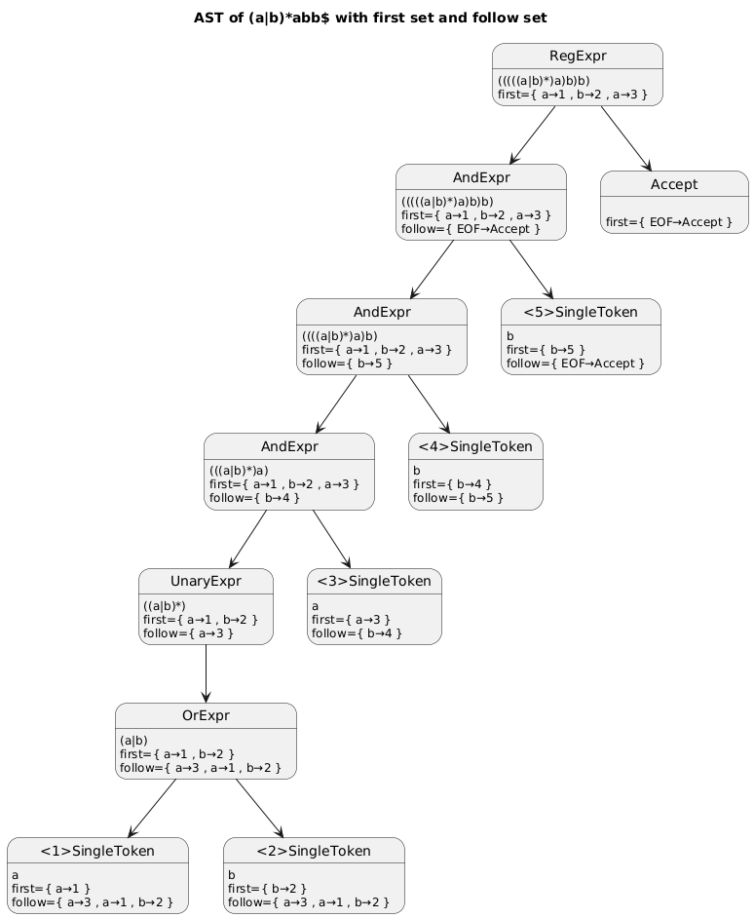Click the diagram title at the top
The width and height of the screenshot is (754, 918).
pyautogui.click(x=370, y=19)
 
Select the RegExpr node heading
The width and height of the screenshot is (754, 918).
pyautogui.click(x=578, y=57)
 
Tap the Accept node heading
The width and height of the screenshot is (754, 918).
pyautogui.click(x=674, y=184)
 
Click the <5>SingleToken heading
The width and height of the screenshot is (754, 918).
pyautogui.click(x=581, y=312)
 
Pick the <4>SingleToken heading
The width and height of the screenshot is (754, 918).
pyautogui.click(x=475, y=446)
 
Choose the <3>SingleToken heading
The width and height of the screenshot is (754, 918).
pyautogui.click(x=374, y=582)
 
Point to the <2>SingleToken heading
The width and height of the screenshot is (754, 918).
pyautogui.click(x=314, y=851)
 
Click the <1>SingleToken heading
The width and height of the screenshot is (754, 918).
pyautogui.click(x=97, y=851)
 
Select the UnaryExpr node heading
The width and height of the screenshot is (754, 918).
pyautogui.click(x=206, y=582)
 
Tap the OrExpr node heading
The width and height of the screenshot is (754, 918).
pyautogui.click(x=206, y=715)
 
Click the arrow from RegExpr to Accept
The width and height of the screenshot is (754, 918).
pyautogui.click(x=625, y=138)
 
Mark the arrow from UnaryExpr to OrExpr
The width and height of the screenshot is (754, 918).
pyautogui.click(x=207, y=673)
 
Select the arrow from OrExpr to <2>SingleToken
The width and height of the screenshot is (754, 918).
pyautogui.click(x=259, y=809)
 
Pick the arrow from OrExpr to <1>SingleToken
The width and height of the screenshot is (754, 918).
pyautogui.click(x=152, y=809)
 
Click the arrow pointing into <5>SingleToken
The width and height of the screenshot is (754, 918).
pyautogui.click(x=531, y=269)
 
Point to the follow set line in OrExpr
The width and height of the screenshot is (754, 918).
pyautogui.click(x=201, y=768)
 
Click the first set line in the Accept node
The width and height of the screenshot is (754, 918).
pyautogui.click(x=668, y=222)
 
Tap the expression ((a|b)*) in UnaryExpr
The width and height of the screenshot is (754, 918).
pyautogui.click(x=165, y=606)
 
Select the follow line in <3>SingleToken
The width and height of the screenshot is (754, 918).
pyautogui.click(x=357, y=632)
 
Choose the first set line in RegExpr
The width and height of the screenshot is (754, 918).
pyautogui.click(x=573, y=95)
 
